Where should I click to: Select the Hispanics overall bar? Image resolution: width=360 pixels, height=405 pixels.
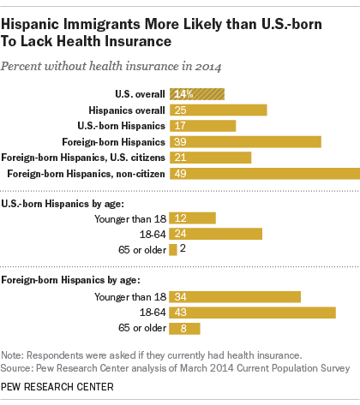219,110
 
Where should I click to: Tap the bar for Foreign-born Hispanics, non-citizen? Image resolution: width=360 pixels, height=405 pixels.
265,174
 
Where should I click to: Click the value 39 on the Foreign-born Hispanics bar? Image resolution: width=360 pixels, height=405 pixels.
180,142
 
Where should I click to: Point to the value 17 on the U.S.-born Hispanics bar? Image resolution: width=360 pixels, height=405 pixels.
179,126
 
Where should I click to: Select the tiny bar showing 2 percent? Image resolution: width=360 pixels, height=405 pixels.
173,249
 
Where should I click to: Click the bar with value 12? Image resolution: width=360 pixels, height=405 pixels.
193,217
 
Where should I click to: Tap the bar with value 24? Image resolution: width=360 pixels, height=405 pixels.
215,234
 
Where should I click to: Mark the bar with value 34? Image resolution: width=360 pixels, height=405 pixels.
235,297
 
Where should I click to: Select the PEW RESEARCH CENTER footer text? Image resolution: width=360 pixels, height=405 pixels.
57,389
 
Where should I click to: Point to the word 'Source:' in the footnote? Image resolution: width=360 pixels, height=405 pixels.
17,367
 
